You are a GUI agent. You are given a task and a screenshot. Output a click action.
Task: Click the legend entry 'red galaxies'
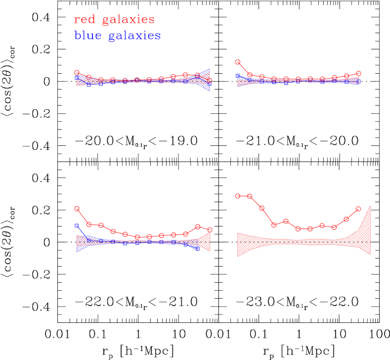(x=114, y=20)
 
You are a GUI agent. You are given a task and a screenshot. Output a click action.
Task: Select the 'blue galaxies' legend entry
(x=117, y=36)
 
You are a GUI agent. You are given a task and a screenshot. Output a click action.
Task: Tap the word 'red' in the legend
(x=84, y=20)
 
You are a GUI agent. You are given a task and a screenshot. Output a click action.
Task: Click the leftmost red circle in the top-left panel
(x=77, y=73)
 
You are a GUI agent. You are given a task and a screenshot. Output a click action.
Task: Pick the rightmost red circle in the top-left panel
(x=210, y=80)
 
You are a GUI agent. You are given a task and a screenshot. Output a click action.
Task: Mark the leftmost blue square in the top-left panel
(x=77, y=78)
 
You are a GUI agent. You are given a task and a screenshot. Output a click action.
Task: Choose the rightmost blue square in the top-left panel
(x=210, y=84)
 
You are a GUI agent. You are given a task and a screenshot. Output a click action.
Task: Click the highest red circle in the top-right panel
(x=238, y=62)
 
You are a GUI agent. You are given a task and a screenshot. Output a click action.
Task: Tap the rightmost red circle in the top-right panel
(x=358, y=73)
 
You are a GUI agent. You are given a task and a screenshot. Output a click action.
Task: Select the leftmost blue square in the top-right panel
(x=238, y=76)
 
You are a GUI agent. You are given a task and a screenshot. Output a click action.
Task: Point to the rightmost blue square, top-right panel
(x=358, y=82)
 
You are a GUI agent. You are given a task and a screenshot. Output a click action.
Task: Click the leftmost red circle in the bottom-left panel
(x=77, y=209)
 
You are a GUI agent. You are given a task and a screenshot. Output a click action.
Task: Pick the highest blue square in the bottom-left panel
(x=77, y=225)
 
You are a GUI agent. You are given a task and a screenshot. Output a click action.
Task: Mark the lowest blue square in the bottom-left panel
(x=197, y=249)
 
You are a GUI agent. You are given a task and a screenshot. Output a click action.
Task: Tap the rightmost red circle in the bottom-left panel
(x=210, y=229)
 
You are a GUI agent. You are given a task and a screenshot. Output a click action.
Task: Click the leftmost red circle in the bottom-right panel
(x=238, y=196)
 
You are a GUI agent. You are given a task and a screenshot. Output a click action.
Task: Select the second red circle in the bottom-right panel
(x=250, y=196)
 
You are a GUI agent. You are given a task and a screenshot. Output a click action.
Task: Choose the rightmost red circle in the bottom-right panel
(x=358, y=209)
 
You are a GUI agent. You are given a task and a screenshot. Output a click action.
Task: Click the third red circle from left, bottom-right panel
(x=262, y=208)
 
